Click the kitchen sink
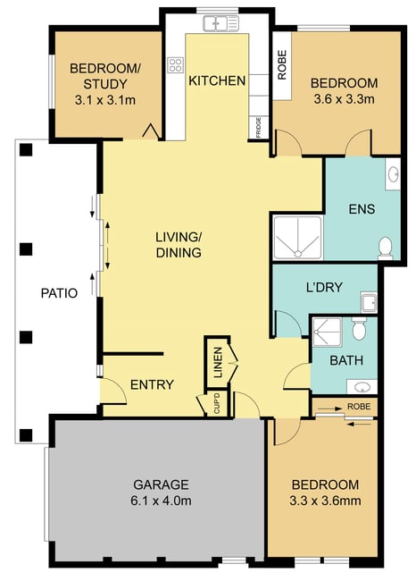click(220, 24)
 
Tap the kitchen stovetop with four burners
click(176, 65)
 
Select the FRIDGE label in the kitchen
click(258, 127)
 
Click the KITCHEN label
click(217, 80)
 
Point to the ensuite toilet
click(386, 248)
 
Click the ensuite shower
click(297, 237)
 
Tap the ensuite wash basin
click(393, 174)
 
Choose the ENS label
click(362, 209)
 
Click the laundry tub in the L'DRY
click(369, 302)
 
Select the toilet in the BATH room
click(359, 328)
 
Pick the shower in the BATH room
click(327, 332)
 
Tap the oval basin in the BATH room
click(362, 387)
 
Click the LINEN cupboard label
click(218, 362)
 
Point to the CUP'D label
click(217, 403)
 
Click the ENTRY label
click(152, 384)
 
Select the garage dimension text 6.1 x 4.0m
click(161, 501)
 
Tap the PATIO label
click(59, 293)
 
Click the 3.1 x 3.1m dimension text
click(105, 100)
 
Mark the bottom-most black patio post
click(26, 435)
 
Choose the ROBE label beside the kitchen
click(282, 65)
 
